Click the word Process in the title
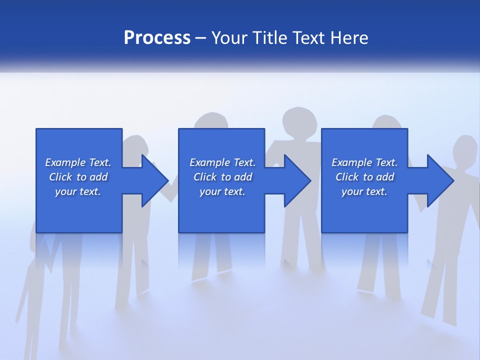[x=157, y=38]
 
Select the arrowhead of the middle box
[x=297, y=180]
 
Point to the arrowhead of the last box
[x=439, y=180]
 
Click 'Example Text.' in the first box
[x=78, y=162]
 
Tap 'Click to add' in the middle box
[x=222, y=177]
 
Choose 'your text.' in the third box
[x=364, y=191]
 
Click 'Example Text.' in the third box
[x=364, y=162]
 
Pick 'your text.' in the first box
[x=78, y=191]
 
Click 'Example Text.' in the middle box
[x=222, y=162]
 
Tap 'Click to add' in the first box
[x=78, y=177]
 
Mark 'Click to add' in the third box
[x=364, y=177]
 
